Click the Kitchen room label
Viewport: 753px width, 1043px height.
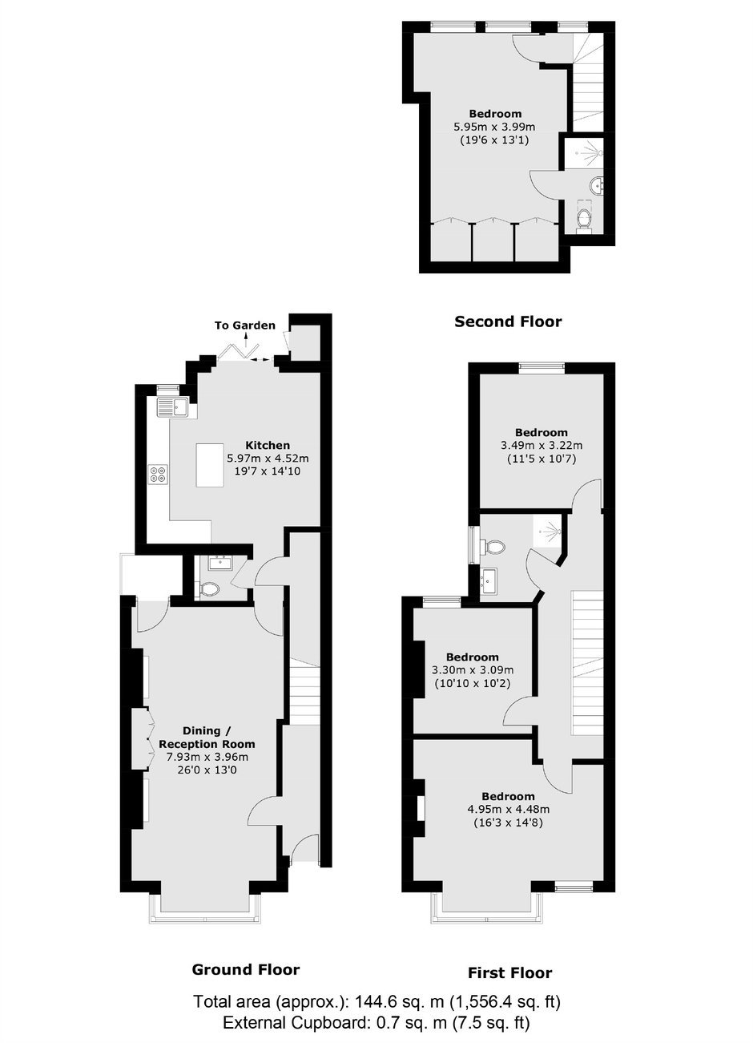coord(268,445)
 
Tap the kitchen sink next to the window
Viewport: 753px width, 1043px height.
coord(172,407)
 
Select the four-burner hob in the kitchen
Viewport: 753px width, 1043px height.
coord(157,474)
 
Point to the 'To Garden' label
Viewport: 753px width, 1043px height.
coord(245,325)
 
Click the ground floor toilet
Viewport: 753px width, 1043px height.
coord(209,590)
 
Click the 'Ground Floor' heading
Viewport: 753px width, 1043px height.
coord(246,969)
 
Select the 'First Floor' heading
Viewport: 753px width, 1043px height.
coord(509,972)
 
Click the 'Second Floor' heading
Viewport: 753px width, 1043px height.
coord(508,321)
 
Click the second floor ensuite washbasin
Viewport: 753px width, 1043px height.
coord(596,185)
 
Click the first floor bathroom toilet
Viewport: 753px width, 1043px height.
coord(493,547)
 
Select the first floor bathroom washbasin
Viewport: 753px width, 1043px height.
coord(489,580)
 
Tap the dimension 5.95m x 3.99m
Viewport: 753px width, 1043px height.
coord(494,126)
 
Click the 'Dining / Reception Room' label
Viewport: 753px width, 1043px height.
coord(207,737)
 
